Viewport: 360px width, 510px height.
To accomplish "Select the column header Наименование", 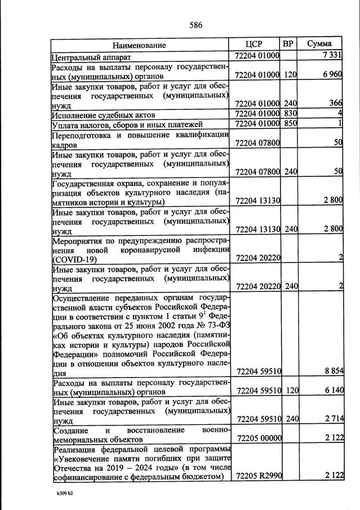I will point(139,45).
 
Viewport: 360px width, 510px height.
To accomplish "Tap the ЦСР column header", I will point(254,44).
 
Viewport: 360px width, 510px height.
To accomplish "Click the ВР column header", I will point(288,44).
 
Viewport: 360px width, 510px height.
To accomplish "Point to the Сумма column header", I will point(319,44).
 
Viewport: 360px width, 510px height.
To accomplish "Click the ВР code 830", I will point(289,113).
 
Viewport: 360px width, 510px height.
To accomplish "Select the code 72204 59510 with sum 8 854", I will point(257,371).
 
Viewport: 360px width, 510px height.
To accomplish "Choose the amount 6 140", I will point(331,390).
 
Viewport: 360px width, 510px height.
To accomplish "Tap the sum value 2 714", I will point(331,418).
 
